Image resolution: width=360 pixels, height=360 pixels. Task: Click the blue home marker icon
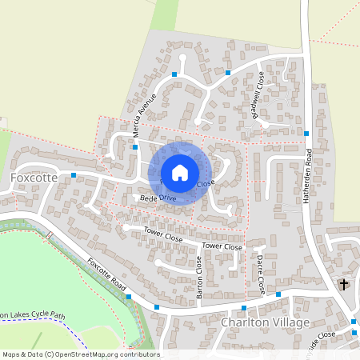coord(180,173)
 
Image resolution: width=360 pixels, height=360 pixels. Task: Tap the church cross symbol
coord(345,284)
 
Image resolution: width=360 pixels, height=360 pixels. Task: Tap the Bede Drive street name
coord(158,198)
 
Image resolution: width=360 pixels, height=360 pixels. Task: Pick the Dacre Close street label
coord(261,273)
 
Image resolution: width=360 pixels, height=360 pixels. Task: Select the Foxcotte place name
coord(34,177)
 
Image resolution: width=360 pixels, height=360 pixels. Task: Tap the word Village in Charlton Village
coord(290,322)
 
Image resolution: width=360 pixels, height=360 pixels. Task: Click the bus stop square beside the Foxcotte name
coord(74,174)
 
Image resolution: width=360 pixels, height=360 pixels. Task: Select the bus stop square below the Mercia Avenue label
coord(135,147)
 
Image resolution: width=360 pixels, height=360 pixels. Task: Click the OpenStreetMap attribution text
coord(80,354)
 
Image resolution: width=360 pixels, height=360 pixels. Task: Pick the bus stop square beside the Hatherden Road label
coord(306,133)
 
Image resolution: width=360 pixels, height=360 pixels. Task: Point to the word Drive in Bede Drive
coord(166,198)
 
